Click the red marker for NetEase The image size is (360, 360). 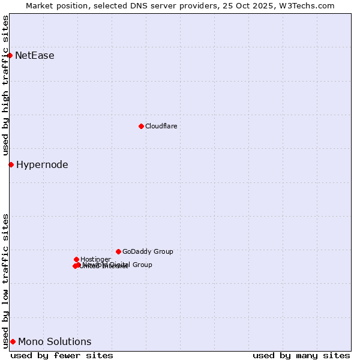coord(10,55)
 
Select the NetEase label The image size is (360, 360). coord(34,56)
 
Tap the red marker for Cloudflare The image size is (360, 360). coord(141,126)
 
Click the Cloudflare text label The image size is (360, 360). coord(161,126)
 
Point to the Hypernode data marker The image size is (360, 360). coord(11,164)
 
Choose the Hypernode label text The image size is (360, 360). coord(42,165)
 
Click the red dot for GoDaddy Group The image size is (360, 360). coord(118,251)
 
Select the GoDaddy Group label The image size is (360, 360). coord(148,251)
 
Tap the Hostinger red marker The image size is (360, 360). coord(76,259)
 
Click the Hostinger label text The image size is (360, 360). coord(95,259)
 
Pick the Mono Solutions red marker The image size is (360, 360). coord(13,341)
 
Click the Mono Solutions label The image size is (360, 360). coord(55,342)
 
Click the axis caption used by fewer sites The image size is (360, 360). coord(62,355)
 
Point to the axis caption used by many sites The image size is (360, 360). coord(301,355)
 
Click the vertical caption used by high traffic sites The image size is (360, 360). coord(5,86)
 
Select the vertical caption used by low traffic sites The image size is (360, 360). coord(5,280)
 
